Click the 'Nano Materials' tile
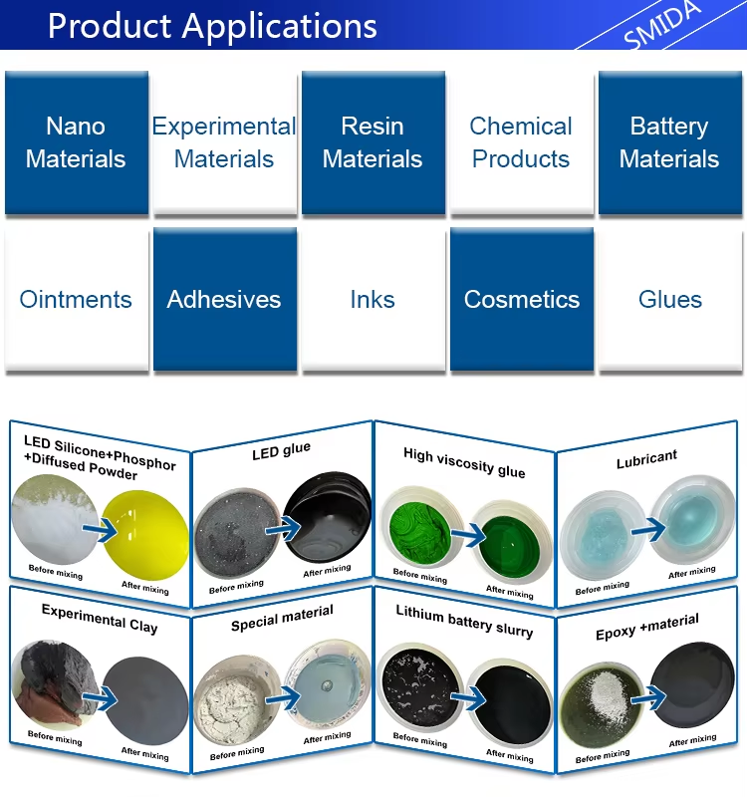(77, 142)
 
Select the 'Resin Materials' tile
(373, 142)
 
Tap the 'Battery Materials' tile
(669, 142)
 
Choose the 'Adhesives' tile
(225, 299)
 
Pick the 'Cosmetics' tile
(521, 299)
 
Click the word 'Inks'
(373, 300)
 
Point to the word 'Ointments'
(76, 300)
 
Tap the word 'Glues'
(670, 300)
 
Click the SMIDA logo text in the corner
(661, 24)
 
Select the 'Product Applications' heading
(212, 26)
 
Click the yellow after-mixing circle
(145, 535)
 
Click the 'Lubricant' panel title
(646, 459)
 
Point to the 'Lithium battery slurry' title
(464, 622)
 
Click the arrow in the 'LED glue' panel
(284, 529)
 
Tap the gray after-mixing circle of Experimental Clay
(145, 701)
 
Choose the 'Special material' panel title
(282, 617)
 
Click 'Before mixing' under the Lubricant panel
(603, 588)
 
